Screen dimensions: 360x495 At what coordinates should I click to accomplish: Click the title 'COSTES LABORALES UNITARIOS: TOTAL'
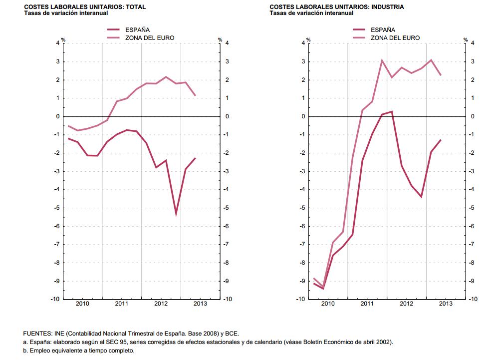(72, 7)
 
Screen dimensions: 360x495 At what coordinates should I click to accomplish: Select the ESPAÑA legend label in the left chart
(137, 30)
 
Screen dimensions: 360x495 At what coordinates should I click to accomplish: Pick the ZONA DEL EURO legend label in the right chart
(395, 38)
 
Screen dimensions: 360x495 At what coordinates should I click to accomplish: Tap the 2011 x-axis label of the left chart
(121, 304)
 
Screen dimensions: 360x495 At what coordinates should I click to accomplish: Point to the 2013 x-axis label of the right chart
(445, 304)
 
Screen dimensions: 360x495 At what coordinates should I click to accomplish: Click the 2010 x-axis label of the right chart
(327, 304)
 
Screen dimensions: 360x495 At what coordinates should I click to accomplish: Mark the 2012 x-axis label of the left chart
(161, 304)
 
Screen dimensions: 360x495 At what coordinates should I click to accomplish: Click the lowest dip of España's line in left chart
(176, 214)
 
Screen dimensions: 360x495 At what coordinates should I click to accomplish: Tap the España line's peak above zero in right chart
(392, 111)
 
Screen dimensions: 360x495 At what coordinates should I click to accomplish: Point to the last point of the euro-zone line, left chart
(195, 95)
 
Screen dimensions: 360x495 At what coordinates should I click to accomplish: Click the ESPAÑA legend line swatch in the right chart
(361, 30)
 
